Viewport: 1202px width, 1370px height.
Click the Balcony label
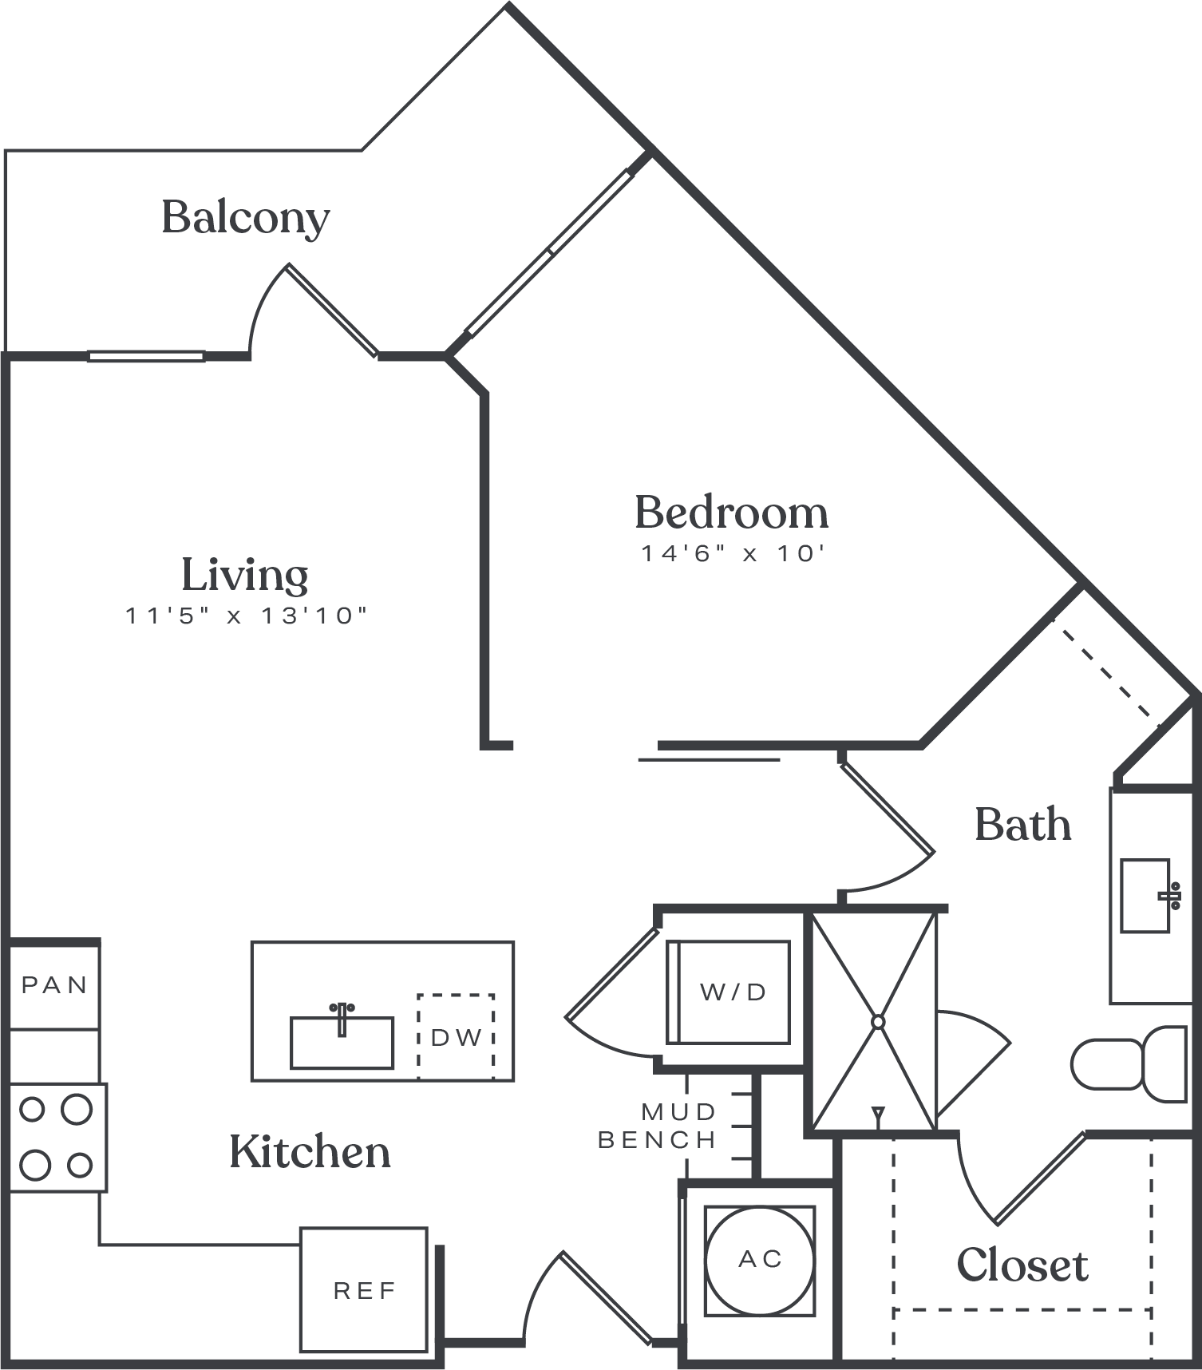click(x=245, y=217)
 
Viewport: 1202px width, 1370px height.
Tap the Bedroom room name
click(x=731, y=513)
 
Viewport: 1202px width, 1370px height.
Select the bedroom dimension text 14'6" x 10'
click(x=732, y=553)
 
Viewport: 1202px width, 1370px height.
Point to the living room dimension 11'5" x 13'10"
click(x=247, y=616)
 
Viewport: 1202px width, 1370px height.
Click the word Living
click(x=245, y=576)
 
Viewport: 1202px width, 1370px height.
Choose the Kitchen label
click(x=310, y=1151)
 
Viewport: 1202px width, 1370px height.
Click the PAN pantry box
click(x=54, y=986)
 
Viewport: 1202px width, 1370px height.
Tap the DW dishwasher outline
click(x=456, y=1036)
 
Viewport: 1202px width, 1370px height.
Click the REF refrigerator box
click(x=364, y=1289)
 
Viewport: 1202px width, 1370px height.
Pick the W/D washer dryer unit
click(x=729, y=992)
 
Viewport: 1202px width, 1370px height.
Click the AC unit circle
click(x=760, y=1261)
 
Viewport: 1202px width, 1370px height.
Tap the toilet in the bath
click(x=1129, y=1064)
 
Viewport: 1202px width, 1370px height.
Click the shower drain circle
click(x=878, y=1022)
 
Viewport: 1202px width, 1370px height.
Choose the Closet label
click(x=1022, y=1265)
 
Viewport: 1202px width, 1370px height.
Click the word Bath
click(x=1022, y=824)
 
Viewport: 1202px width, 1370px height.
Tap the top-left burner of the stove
click(x=32, y=1110)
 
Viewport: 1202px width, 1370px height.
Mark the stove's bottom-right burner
click(x=80, y=1166)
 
